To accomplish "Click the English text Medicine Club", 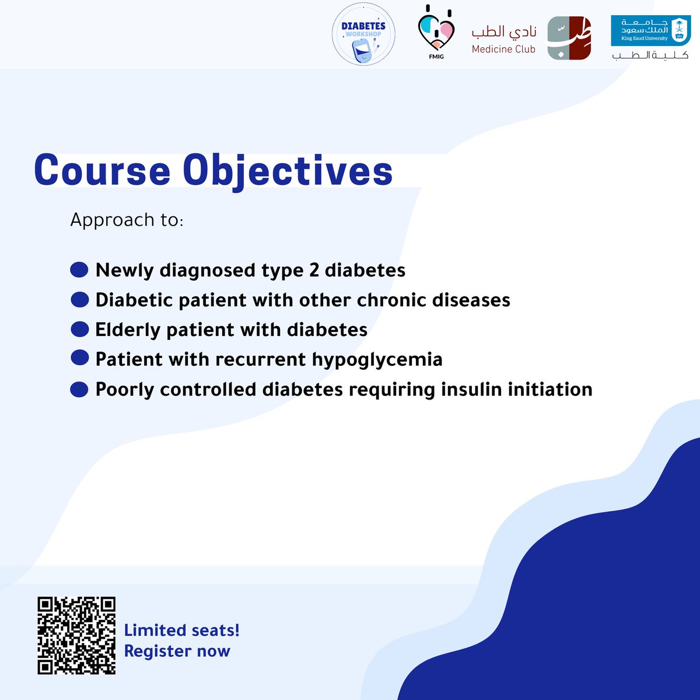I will [503, 50].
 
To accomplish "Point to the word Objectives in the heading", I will [288, 171].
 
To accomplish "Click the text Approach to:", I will [127, 220].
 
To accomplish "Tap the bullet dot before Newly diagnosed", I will [79, 270].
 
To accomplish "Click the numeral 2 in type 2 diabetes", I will [314, 270].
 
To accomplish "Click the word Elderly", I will [128, 330].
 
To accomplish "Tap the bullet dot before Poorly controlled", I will [79, 389].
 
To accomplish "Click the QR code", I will [76, 635].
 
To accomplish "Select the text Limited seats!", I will [181, 630].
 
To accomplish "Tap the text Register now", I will [177, 651].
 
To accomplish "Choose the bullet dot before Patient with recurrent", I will [79, 358].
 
